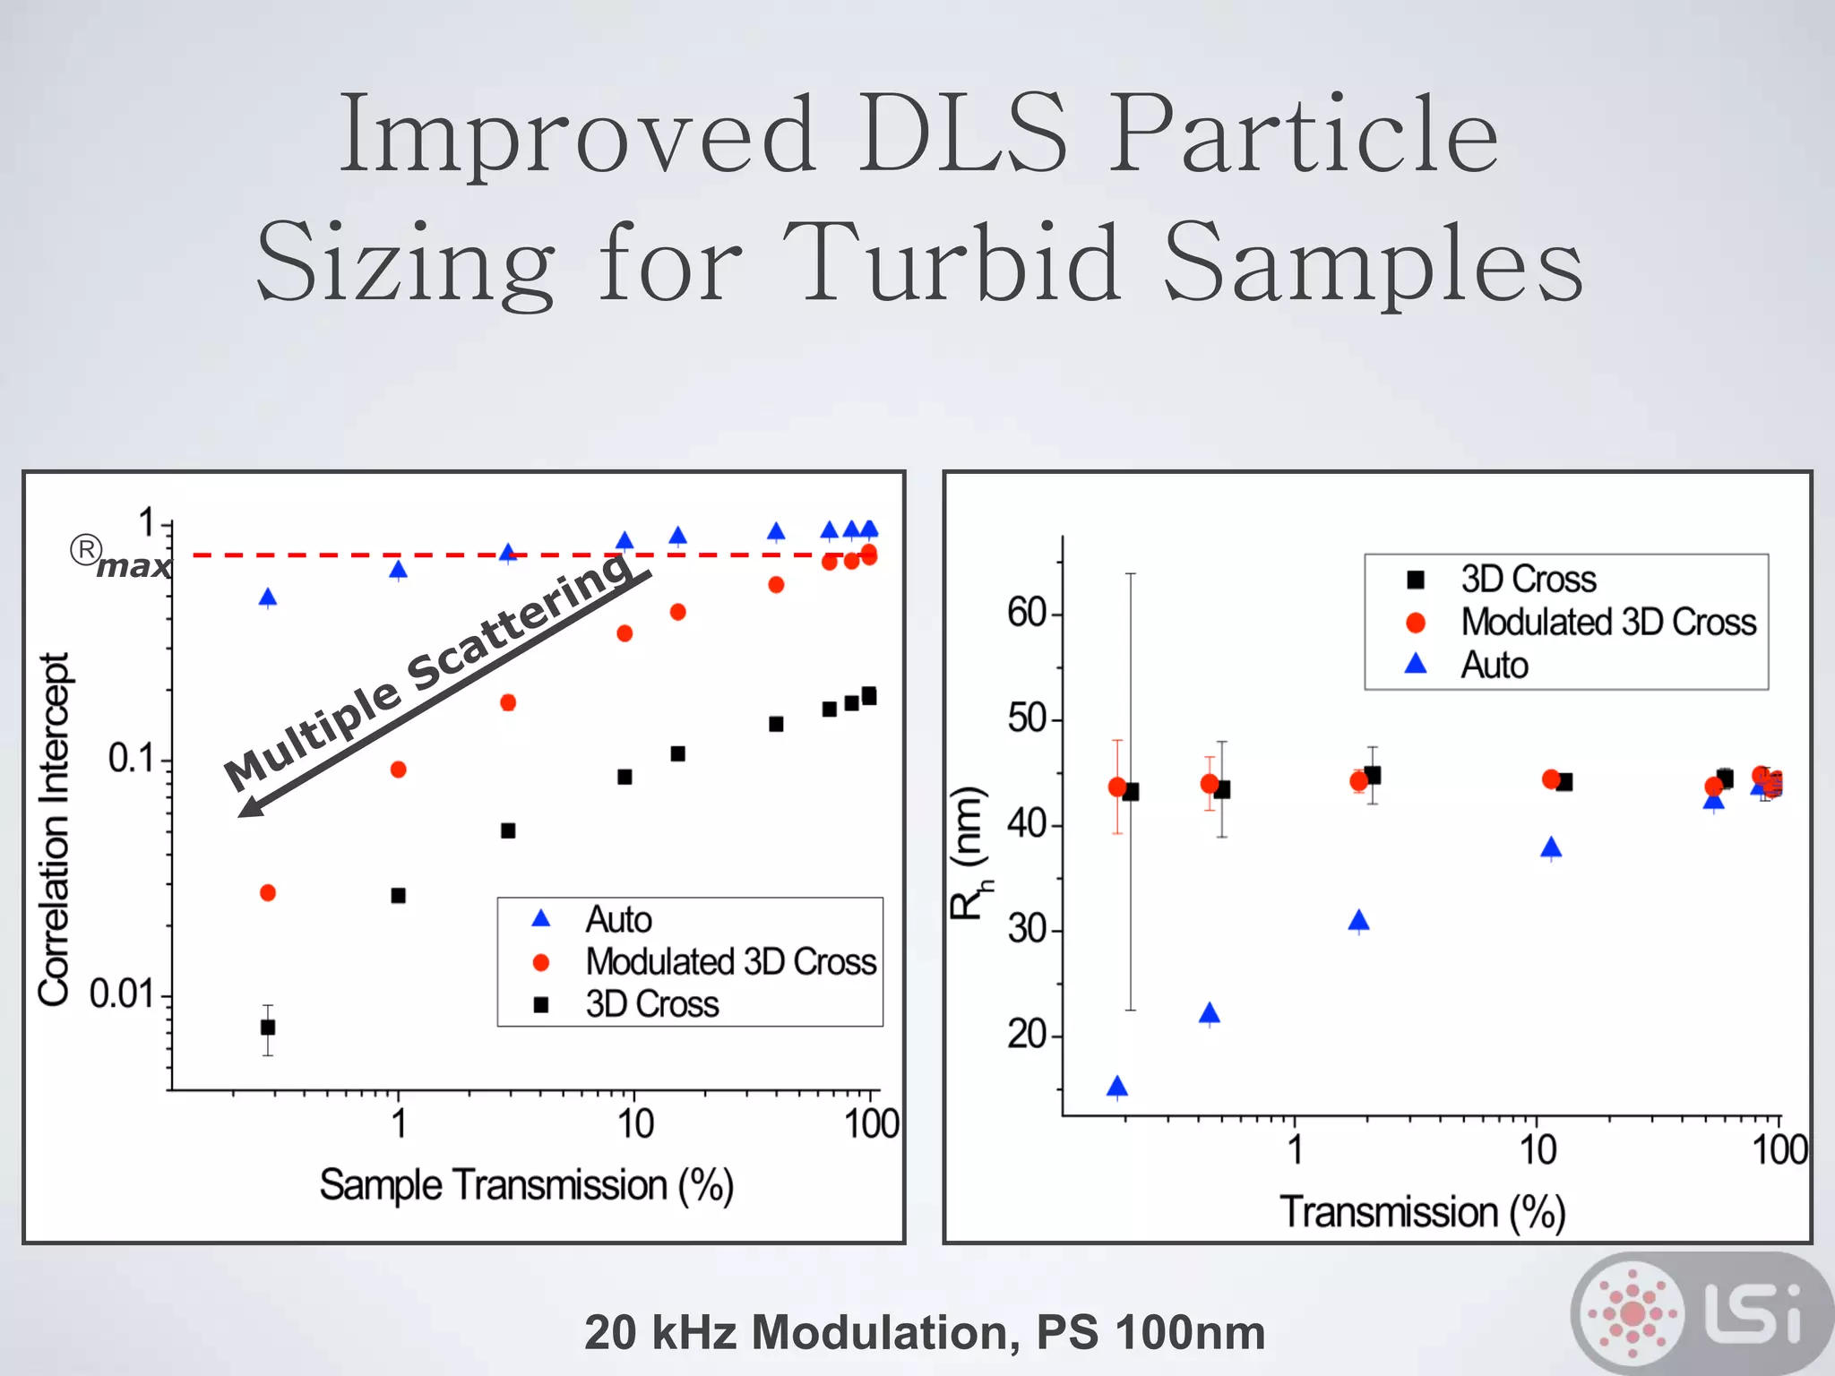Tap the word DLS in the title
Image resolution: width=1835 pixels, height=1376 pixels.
[x=963, y=134]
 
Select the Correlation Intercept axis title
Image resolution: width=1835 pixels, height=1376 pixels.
[x=54, y=829]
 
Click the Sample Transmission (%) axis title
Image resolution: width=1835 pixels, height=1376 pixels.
[x=527, y=1185]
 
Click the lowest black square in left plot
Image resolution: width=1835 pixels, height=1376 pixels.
[x=268, y=1027]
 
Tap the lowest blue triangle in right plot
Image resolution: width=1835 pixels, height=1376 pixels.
[x=1117, y=1088]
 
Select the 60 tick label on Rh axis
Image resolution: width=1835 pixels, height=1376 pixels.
[x=1027, y=614]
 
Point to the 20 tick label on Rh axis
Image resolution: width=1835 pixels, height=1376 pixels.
[x=1027, y=1035]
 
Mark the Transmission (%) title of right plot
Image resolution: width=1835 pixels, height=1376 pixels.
[x=1422, y=1212]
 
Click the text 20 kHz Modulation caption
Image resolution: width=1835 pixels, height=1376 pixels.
[x=924, y=1332]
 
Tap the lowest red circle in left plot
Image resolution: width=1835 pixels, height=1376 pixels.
[x=268, y=893]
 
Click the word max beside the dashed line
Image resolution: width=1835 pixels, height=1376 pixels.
[x=134, y=567]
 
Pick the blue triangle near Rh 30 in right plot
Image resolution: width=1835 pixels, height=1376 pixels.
[x=1359, y=921]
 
